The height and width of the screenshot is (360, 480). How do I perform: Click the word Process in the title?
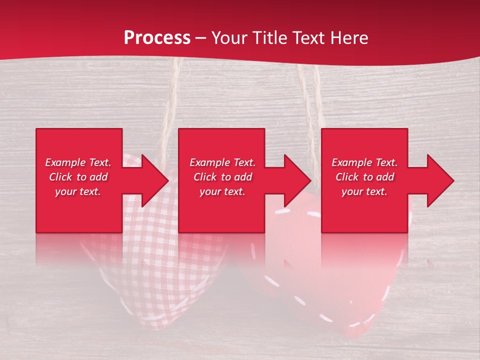click(157, 38)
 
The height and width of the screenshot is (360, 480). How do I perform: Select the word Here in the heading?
click(349, 38)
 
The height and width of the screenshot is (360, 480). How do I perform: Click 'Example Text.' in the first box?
click(78, 162)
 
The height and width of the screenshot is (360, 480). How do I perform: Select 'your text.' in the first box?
click(78, 191)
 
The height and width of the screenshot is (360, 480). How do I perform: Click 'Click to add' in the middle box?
click(222, 177)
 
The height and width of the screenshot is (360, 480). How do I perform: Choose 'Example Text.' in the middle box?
click(222, 162)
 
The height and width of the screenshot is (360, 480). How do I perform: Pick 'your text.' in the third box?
click(364, 191)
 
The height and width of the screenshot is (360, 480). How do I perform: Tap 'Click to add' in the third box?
click(364, 177)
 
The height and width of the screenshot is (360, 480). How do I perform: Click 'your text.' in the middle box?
click(222, 191)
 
